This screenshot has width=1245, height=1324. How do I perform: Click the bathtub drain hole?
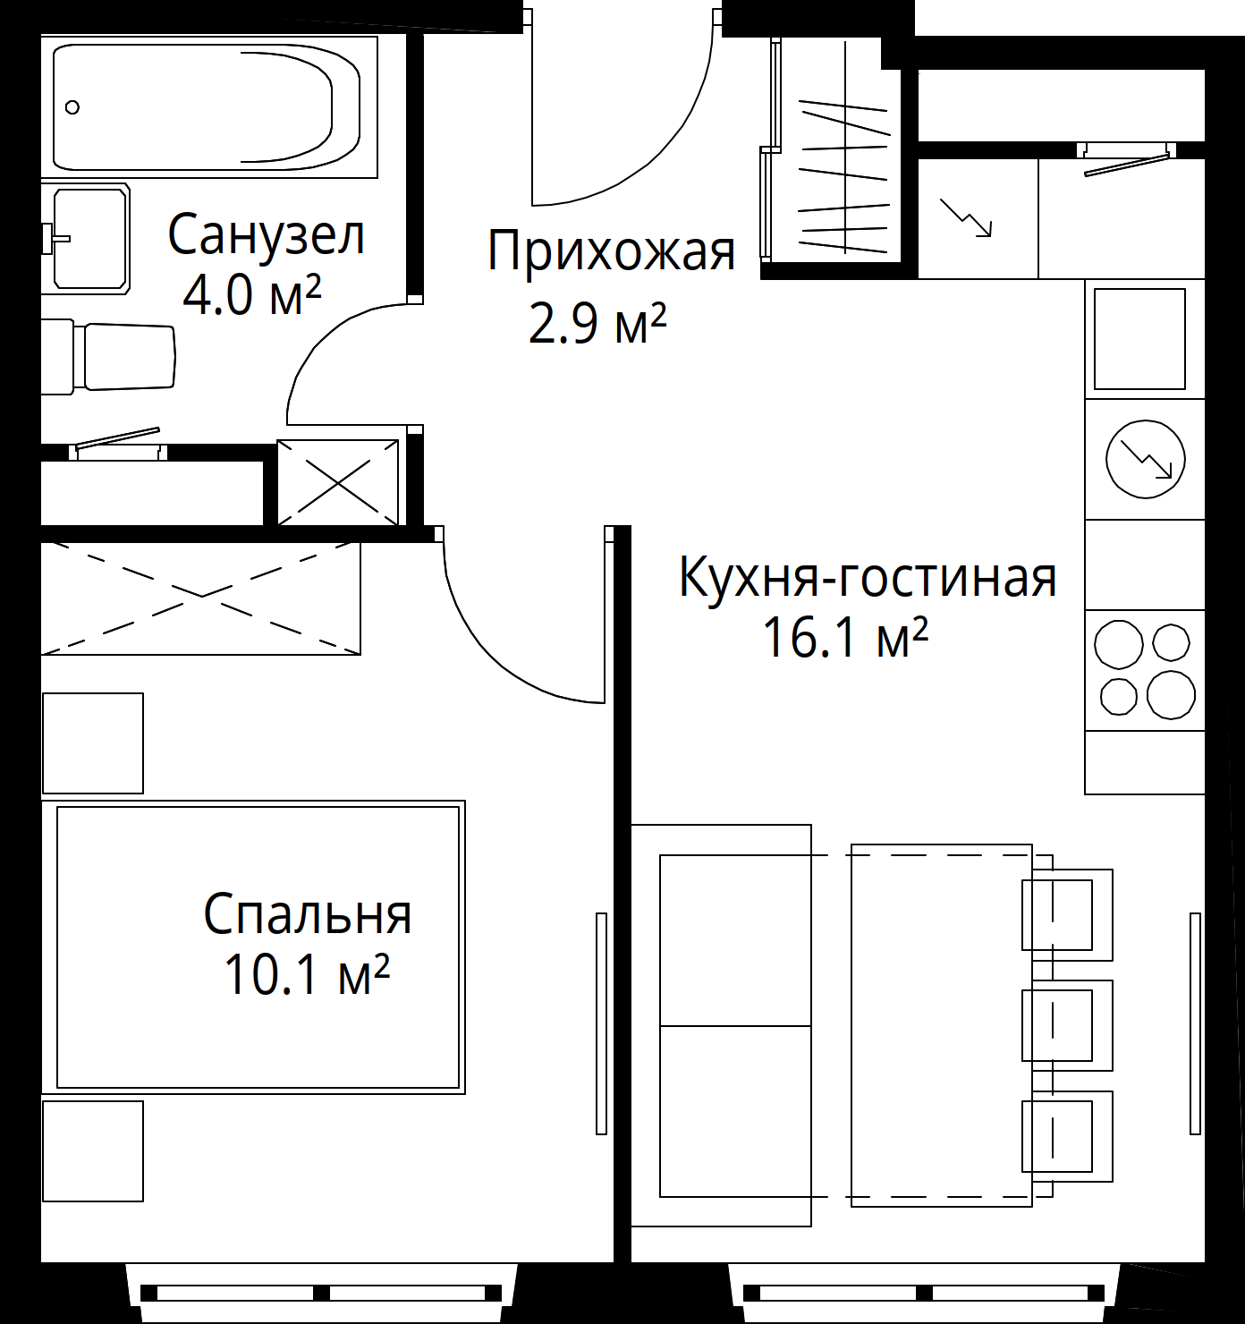[72, 107]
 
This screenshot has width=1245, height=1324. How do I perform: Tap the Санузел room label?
[266, 234]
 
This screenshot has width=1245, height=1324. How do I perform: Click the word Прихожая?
[611, 252]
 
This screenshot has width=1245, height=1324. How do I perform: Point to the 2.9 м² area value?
[597, 324]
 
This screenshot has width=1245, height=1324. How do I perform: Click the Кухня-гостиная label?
[868, 578]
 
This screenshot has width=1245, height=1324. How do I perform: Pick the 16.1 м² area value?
[845, 638]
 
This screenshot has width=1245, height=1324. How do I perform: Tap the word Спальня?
[308, 914]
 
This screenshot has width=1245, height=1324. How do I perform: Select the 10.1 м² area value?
[307, 973]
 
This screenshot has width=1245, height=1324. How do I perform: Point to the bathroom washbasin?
[85, 238]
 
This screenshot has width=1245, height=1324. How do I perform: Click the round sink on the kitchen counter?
[1145, 459]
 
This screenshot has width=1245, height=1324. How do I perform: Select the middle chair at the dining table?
[1067, 1024]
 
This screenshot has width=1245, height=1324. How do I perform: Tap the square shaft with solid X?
[337, 483]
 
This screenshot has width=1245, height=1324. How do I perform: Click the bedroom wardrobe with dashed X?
[200, 598]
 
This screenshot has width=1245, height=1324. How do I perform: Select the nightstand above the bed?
[93, 743]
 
